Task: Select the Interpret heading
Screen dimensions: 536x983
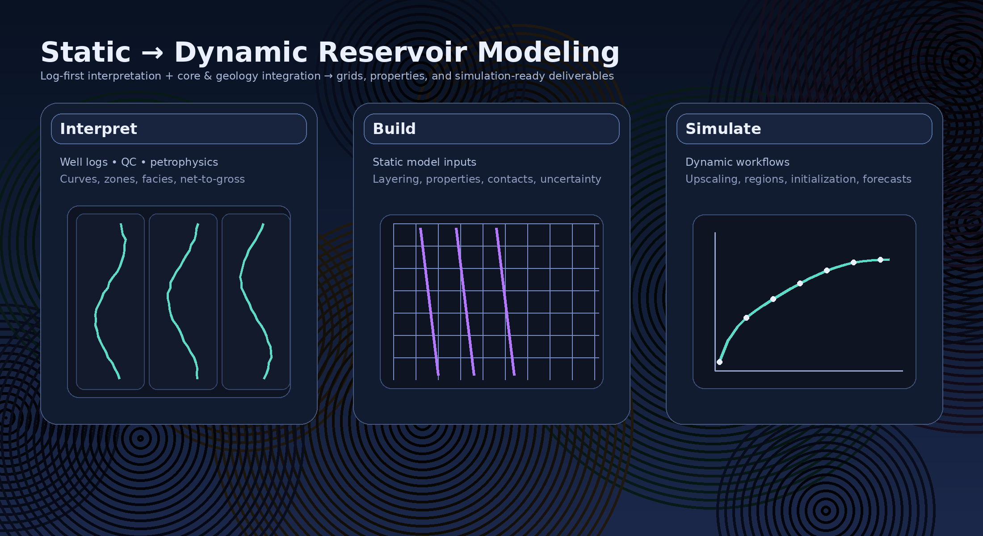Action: pos(98,129)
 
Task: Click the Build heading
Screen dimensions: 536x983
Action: pos(394,129)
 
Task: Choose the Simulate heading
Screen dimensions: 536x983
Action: pos(723,129)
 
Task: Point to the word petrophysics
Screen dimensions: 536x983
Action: pos(184,162)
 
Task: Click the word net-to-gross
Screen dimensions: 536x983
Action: pos(212,179)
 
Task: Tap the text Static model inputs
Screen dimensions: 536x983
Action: pos(424,162)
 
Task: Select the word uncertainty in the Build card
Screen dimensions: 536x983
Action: pos(571,179)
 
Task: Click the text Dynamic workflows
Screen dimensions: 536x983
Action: pos(737,162)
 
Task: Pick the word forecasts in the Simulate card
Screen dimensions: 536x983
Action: pos(887,179)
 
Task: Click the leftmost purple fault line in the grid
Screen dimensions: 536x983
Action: pos(429,301)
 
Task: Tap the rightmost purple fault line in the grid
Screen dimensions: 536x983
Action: pos(505,301)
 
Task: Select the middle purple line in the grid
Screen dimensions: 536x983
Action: pos(465,301)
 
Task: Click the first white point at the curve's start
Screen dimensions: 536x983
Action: pos(719,362)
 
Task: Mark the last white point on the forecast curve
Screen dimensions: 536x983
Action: pos(880,260)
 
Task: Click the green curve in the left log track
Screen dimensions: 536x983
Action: pos(96,313)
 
